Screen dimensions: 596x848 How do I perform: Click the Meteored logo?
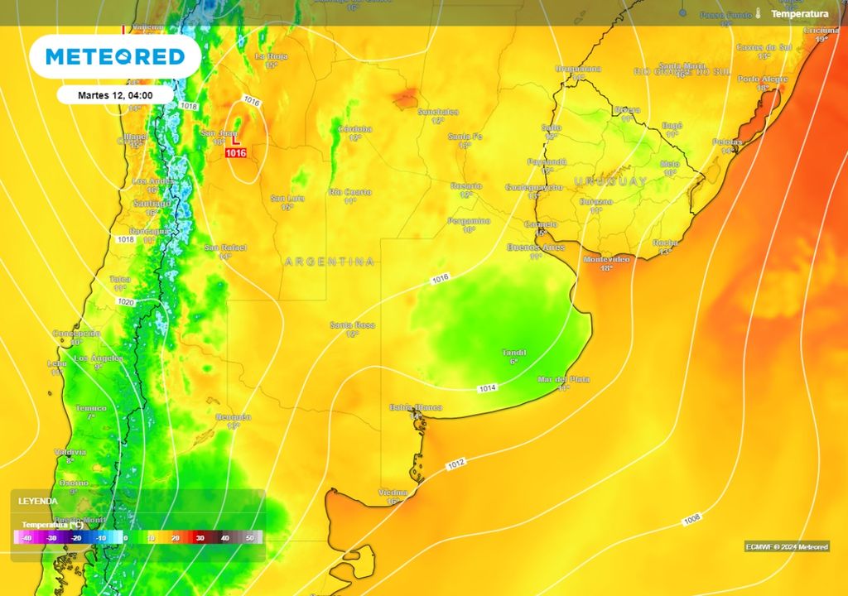114,56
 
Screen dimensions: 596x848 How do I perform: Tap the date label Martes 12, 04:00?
115,95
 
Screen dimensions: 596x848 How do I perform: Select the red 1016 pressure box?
236,153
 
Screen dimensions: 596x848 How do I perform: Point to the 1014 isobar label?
488,388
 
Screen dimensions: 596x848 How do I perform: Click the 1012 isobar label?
455,464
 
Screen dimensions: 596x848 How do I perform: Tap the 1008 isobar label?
692,519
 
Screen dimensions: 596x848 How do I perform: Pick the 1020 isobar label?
126,303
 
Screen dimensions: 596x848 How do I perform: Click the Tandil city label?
514,353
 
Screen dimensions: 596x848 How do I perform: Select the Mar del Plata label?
563,379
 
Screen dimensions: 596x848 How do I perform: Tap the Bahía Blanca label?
416,407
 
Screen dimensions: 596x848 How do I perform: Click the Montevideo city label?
607,259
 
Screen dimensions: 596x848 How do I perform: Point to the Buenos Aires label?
535,248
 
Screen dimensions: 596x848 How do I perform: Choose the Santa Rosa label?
352,324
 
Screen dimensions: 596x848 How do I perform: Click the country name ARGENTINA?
330,262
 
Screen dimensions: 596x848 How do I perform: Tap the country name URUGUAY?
610,180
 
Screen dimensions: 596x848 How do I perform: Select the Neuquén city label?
233,417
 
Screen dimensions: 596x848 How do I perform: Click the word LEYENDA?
39,502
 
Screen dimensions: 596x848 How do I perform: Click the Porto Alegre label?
760,79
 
